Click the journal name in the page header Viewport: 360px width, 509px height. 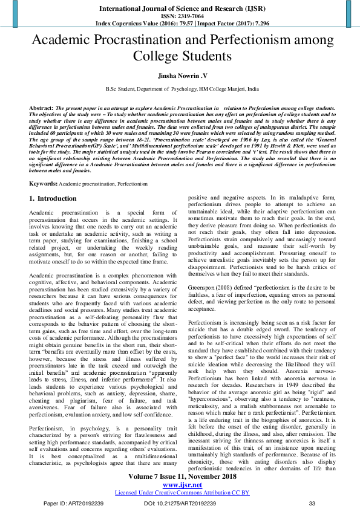point(180,9)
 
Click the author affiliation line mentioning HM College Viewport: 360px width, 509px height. point(180,89)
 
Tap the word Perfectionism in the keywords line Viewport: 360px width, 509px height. point(134,166)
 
